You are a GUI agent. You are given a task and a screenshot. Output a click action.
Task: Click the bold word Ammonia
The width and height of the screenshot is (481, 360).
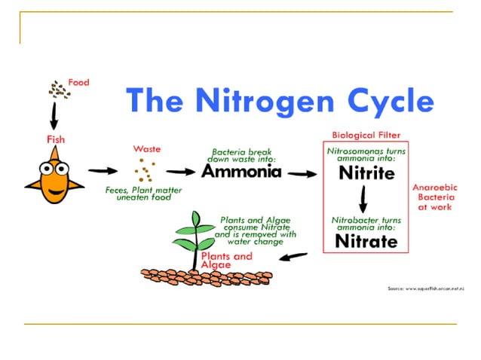click(x=241, y=171)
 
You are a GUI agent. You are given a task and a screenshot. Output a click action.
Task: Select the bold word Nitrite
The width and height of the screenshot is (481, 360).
click(x=366, y=173)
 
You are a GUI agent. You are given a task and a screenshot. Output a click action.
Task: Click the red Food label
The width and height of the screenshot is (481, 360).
click(x=78, y=82)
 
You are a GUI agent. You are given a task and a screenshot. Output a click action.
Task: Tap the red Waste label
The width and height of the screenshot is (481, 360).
click(x=147, y=148)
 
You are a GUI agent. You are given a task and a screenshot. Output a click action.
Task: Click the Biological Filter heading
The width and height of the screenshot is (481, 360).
click(x=366, y=136)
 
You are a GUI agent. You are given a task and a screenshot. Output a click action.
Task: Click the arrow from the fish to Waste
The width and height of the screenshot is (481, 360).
click(x=100, y=171)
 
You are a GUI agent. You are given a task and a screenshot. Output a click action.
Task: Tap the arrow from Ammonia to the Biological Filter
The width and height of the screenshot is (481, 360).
click(x=302, y=173)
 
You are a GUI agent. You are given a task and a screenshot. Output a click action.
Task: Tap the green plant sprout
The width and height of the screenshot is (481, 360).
click(x=195, y=237)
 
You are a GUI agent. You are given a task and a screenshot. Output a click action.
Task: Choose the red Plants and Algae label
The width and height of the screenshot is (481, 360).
click(x=226, y=261)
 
